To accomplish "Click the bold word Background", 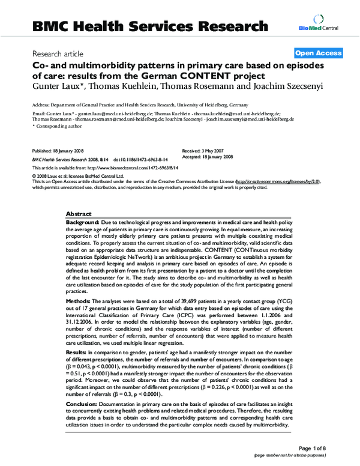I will (x=83, y=222).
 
